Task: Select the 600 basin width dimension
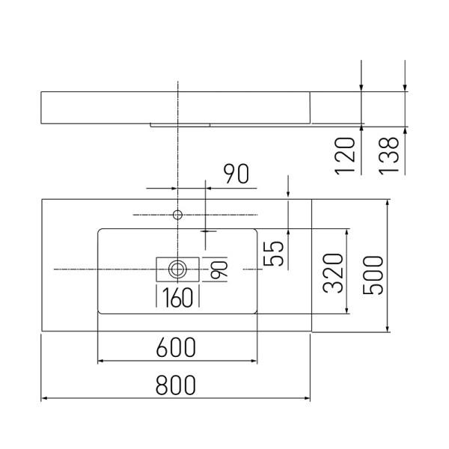pyautogui.click(x=176, y=347)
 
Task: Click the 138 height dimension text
pyautogui.click(x=388, y=155)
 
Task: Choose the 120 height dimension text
pyautogui.click(x=345, y=155)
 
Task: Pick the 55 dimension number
pyautogui.click(x=274, y=253)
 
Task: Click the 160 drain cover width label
pyautogui.click(x=177, y=298)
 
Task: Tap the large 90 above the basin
pyautogui.click(x=236, y=175)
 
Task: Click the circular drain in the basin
pyautogui.click(x=178, y=268)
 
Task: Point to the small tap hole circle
pyautogui.click(x=178, y=215)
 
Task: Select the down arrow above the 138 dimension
pyautogui.click(x=404, y=88)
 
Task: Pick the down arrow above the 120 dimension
pyautogui.click(x=361, y=88)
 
